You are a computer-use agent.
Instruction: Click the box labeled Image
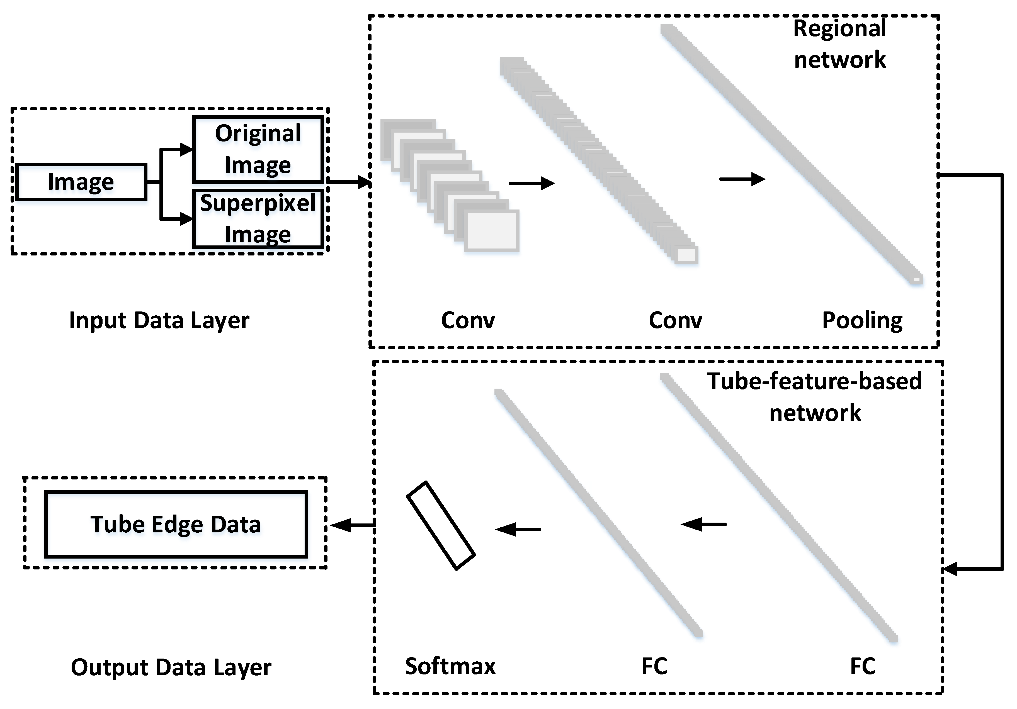(81, 182)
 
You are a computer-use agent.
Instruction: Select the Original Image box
(258, 149)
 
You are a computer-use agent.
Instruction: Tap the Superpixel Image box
(258, 219)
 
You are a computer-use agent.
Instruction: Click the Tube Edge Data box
(176, 524)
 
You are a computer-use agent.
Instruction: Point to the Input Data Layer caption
(159, 320)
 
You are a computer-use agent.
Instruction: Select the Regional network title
(839, 44)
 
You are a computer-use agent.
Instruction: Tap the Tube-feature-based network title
(814, 397)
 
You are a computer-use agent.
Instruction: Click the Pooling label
(862, 320)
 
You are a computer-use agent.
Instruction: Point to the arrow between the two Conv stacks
(531, 183)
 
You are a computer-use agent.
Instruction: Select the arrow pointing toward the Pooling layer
(742, 179)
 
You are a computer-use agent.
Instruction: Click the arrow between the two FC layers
(703, 524)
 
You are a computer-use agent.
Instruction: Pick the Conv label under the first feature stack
(468, 320)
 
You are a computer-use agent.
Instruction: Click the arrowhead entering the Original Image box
(186, 149)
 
